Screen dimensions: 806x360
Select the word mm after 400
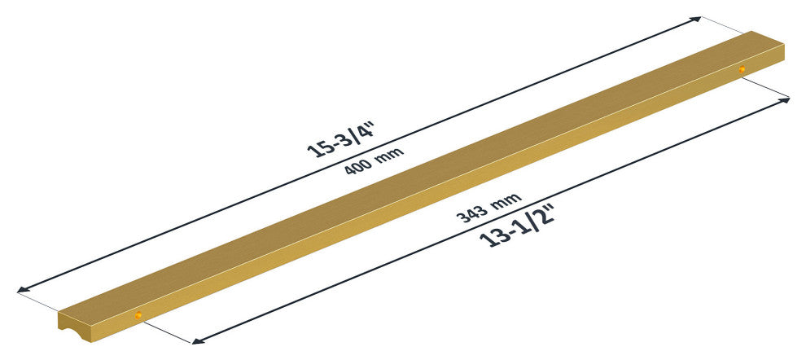(389, 153)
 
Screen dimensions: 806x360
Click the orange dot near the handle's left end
(138, 315)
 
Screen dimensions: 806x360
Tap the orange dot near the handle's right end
(741, 69)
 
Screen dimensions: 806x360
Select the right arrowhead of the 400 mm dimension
(695, 20)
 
